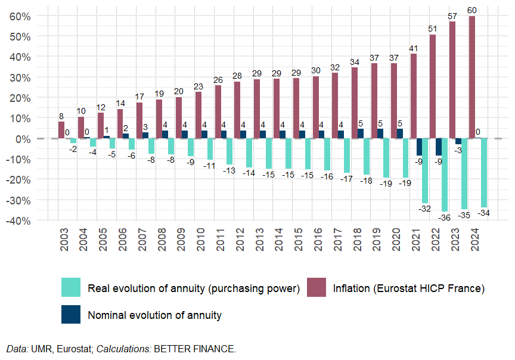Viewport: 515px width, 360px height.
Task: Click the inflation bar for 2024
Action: [472, 77]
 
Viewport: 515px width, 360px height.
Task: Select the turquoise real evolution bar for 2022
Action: [445, 175]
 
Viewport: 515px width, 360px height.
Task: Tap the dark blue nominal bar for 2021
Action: [419, 147]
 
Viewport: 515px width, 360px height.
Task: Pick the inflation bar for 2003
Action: [61, 130]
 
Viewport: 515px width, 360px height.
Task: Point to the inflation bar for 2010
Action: [198, 115]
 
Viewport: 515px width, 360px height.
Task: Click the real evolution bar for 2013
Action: [269, 154]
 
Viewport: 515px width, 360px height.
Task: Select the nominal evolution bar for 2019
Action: [380, 134]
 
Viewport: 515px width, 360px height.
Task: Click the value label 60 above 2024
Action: [472, 11]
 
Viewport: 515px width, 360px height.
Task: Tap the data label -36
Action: [444, 218]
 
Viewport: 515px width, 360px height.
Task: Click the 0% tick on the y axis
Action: [23, 138]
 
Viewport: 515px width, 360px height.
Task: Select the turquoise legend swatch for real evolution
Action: [71, 287]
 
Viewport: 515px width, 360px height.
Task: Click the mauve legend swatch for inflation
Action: [316, 287]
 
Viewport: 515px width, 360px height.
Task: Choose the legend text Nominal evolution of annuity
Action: [154, 315]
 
